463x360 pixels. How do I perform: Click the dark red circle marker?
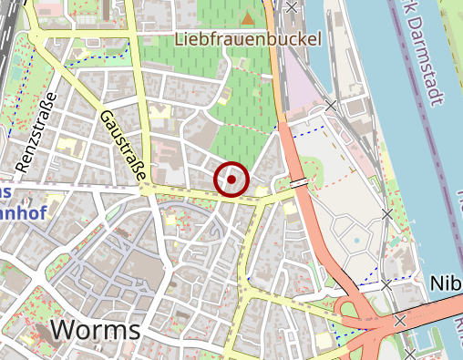click(x=231, y=180)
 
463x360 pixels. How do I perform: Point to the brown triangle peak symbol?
click(x=248, y=17)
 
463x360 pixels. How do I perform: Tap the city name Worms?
click(x=97, y=330)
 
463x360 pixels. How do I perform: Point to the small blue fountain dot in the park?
click(x=356, y=241)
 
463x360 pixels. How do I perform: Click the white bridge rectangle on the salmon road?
click(x=299, y=183)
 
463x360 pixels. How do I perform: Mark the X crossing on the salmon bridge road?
click(x=399, y=320)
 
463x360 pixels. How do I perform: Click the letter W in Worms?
click(x=67, y=330)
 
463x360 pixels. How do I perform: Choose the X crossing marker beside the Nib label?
click(x=386, y=285)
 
